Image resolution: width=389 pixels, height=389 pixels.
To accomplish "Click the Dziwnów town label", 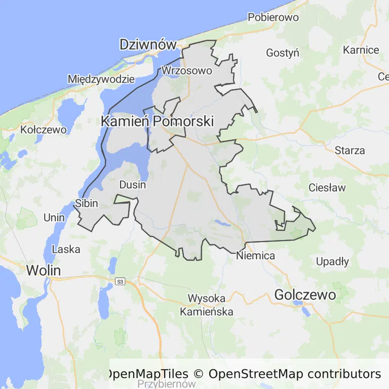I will (147, 45).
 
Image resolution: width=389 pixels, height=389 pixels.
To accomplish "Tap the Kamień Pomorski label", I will (157, 122).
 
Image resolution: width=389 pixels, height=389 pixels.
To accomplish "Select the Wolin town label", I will (43, 270).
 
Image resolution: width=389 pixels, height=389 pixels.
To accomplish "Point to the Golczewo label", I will (305, 295).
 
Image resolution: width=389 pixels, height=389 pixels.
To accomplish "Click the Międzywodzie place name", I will (101, 79).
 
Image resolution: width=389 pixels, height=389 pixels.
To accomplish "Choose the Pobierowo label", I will (273, 18).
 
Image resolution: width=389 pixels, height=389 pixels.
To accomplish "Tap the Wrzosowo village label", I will (186, 71).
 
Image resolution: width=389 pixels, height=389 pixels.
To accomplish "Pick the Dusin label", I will (132, 184).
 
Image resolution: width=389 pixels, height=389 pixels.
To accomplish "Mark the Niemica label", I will (255, 256).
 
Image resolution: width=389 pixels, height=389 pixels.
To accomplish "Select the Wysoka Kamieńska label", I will (207, 304).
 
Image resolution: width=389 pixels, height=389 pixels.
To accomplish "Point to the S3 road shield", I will (120, 282).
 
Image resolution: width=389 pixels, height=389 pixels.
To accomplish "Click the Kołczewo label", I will (44, 130).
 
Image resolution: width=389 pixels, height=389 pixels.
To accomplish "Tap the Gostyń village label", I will (283, 53).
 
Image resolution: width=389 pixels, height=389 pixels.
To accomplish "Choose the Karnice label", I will (361, 50).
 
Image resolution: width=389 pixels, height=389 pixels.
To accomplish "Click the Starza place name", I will (349, 150).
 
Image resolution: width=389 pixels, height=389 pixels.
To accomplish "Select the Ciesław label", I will (327, 188).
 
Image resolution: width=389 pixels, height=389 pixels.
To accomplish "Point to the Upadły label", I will (332, 262).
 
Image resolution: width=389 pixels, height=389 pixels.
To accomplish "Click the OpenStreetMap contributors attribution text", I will (294, 374).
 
